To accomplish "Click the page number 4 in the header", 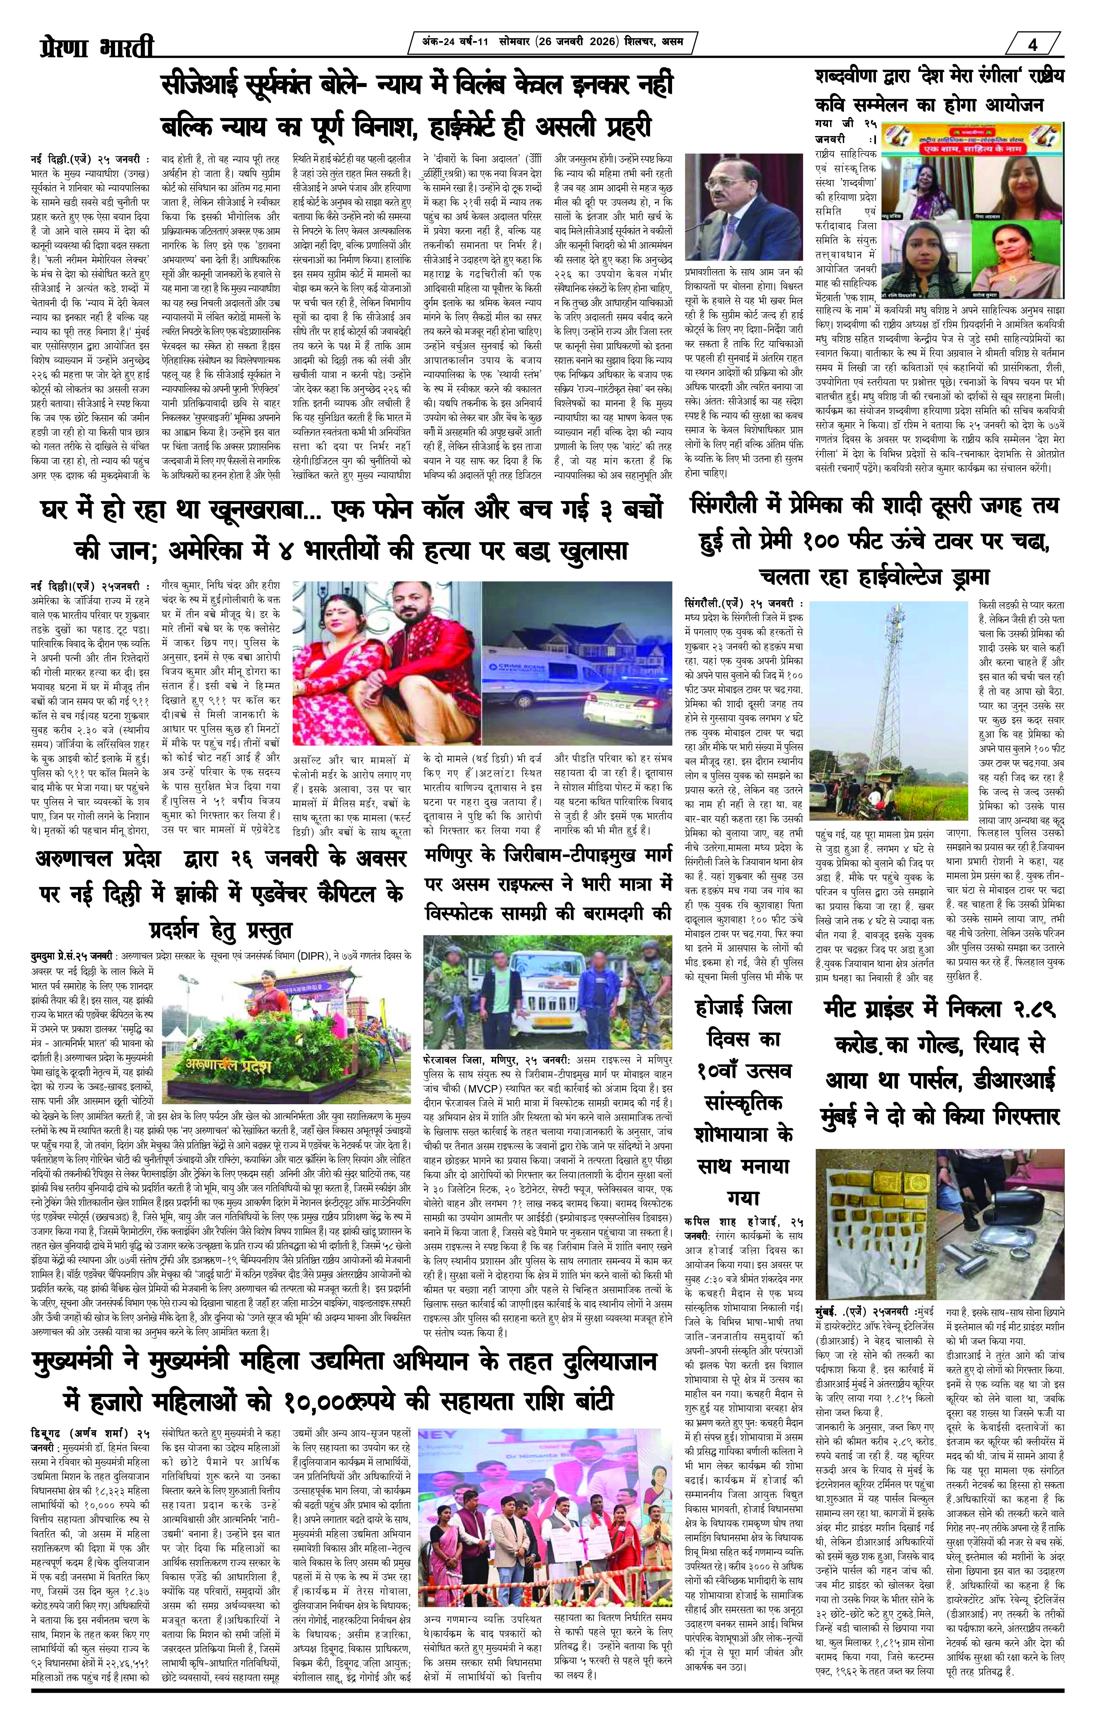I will click(x=1032, y=44).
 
